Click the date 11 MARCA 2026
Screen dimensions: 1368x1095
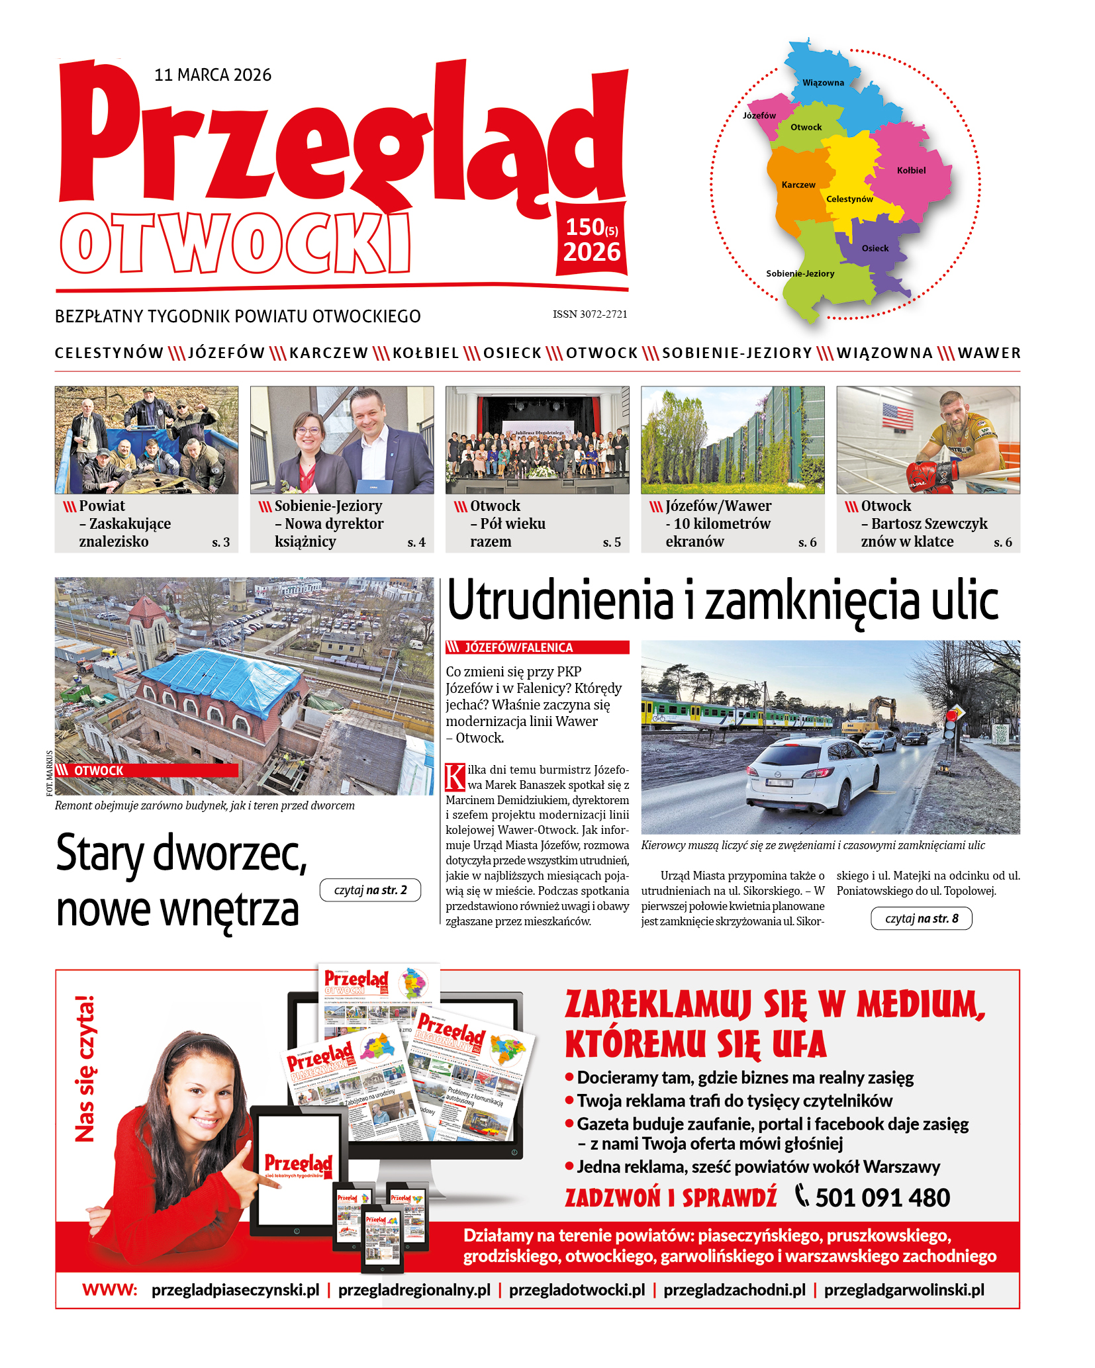213,75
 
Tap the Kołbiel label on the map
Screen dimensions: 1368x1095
911,170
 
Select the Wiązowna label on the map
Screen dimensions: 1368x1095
823,83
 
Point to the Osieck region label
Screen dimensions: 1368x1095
875,248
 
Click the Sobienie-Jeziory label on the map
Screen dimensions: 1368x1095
800,273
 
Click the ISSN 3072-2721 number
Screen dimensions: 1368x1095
590,314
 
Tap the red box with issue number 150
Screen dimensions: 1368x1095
591,241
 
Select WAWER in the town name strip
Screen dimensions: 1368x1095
989,353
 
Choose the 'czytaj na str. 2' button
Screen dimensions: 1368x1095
370,890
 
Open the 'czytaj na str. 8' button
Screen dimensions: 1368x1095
922,919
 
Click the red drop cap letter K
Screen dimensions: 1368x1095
455,777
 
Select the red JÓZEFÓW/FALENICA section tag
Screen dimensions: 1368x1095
537,647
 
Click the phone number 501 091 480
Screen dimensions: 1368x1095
882,1198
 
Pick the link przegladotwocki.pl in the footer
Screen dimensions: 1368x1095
577,1290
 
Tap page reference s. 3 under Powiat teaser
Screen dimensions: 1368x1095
220,542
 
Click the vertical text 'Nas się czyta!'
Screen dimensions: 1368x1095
85,1068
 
